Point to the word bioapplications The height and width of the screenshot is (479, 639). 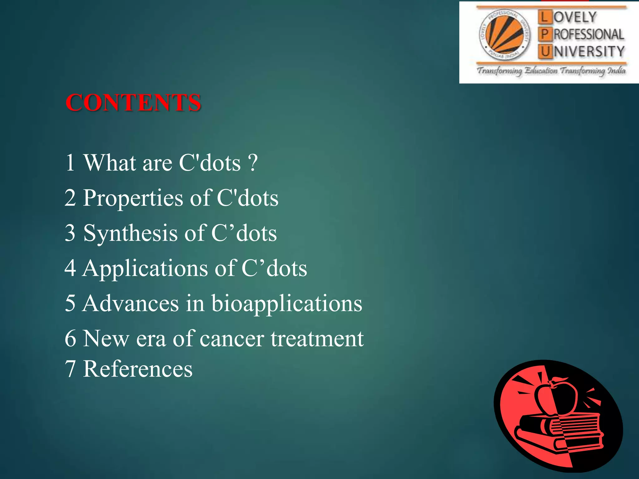287,303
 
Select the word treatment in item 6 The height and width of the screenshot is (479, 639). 317,339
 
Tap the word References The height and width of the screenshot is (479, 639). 138,369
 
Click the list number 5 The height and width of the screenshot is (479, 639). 70,303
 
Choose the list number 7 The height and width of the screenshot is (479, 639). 70,369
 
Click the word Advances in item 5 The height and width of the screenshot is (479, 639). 130,303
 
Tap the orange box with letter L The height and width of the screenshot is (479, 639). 544,17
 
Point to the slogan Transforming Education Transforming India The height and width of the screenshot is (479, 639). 551,71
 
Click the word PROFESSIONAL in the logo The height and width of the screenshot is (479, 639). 588,35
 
